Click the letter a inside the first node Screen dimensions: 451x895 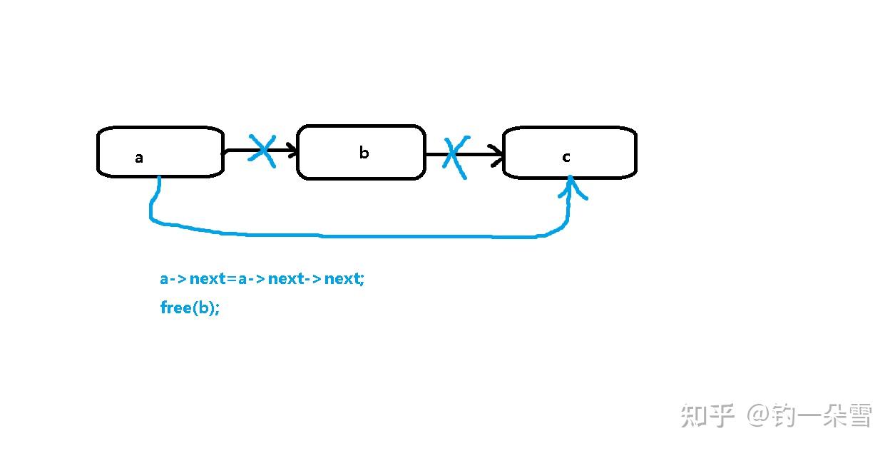tap(139, 158)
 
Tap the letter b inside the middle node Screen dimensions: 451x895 tap(364, 153)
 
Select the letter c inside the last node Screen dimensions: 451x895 tap(566, 157)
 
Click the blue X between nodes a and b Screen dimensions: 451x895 tap(262, 151)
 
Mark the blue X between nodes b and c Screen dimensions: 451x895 tap(456, 156)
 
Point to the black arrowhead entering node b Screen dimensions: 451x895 tap(291, 150)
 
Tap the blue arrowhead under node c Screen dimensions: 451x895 tap(571, 187)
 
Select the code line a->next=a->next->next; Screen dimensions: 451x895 tap(262, 279)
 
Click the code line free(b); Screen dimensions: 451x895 tap(190, 308)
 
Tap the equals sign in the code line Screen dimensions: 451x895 tap(232, 279)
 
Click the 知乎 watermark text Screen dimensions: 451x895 tap(707, 415)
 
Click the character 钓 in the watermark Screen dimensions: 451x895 tap(784, 415)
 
